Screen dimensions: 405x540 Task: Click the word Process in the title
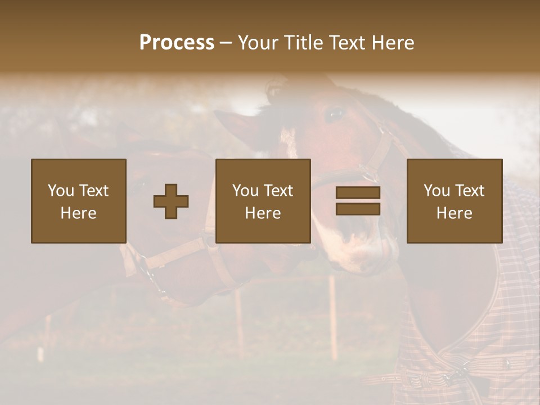click(177, 43)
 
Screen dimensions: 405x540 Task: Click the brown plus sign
click(171, 201)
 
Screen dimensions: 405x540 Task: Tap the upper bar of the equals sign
click(358, 193)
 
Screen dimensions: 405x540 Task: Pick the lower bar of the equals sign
click(358, 209)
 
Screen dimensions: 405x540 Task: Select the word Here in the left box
click(78, 213)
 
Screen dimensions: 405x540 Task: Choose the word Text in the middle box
click(278, 191)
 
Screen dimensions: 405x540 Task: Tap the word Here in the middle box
click(263, 213)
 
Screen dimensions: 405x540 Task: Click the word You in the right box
click(436, 191)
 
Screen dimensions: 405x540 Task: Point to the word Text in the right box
click(470, 191)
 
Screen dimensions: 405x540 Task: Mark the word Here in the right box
click(454, 213)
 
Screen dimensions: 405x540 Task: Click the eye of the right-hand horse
click(335, 114)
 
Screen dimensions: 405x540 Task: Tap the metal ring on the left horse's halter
click(151, 274)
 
